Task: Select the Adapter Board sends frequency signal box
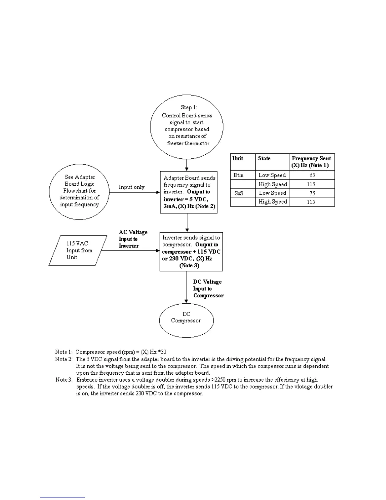coord(189,192)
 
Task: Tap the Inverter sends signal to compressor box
coord(191,252)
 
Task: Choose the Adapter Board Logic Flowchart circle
coord(79,191)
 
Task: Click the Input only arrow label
coord(132,187)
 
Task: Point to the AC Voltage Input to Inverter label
coord(133,239)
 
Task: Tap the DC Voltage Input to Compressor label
coord(208,289)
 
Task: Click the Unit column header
coord(238,158)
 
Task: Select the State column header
coord(264,158)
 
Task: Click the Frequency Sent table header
coord(311,162)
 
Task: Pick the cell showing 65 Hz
coord(312,175)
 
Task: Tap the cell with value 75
coord(312,193)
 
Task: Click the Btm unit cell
coord(238,175)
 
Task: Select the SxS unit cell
coord(239,193)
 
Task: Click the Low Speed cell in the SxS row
coord(272,193)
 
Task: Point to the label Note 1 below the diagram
coord(63,352)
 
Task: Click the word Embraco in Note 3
coord(87,380)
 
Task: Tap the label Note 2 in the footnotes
coord(63,359)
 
